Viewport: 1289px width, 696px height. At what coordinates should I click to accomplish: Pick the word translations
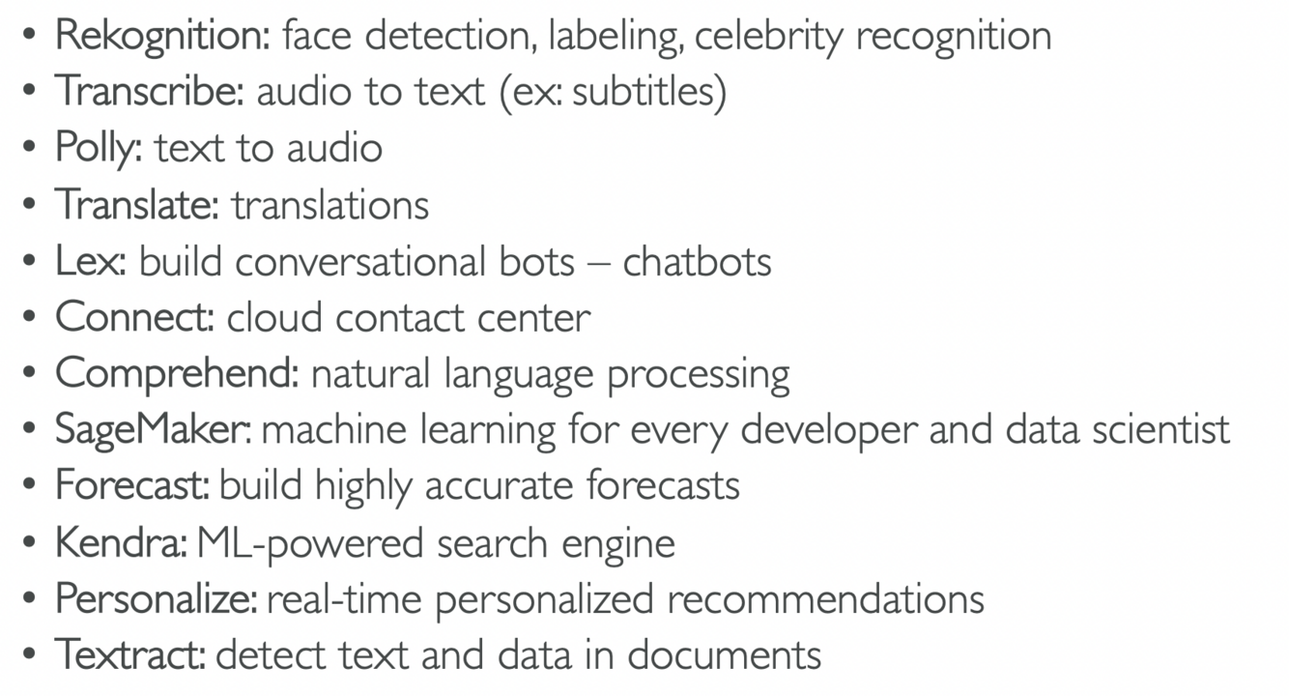click(329, 205)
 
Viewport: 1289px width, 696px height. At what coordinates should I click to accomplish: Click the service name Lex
click(90, 261)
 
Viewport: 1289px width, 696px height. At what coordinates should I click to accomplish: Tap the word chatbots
click(697, 261)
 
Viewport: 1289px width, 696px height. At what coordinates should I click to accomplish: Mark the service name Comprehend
click(177, 373)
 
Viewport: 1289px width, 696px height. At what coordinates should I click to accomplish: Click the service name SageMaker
click(154, 429)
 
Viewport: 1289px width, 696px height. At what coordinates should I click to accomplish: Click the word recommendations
click(825, 598)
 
